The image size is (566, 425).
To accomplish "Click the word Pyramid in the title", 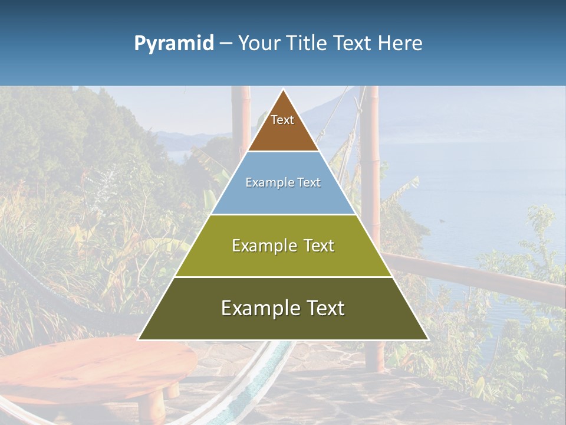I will (174, 44).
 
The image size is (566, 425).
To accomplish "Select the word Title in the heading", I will (310, 44).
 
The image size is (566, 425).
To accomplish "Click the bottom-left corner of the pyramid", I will (139, 339).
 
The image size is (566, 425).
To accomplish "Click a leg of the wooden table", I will (154, 404).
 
